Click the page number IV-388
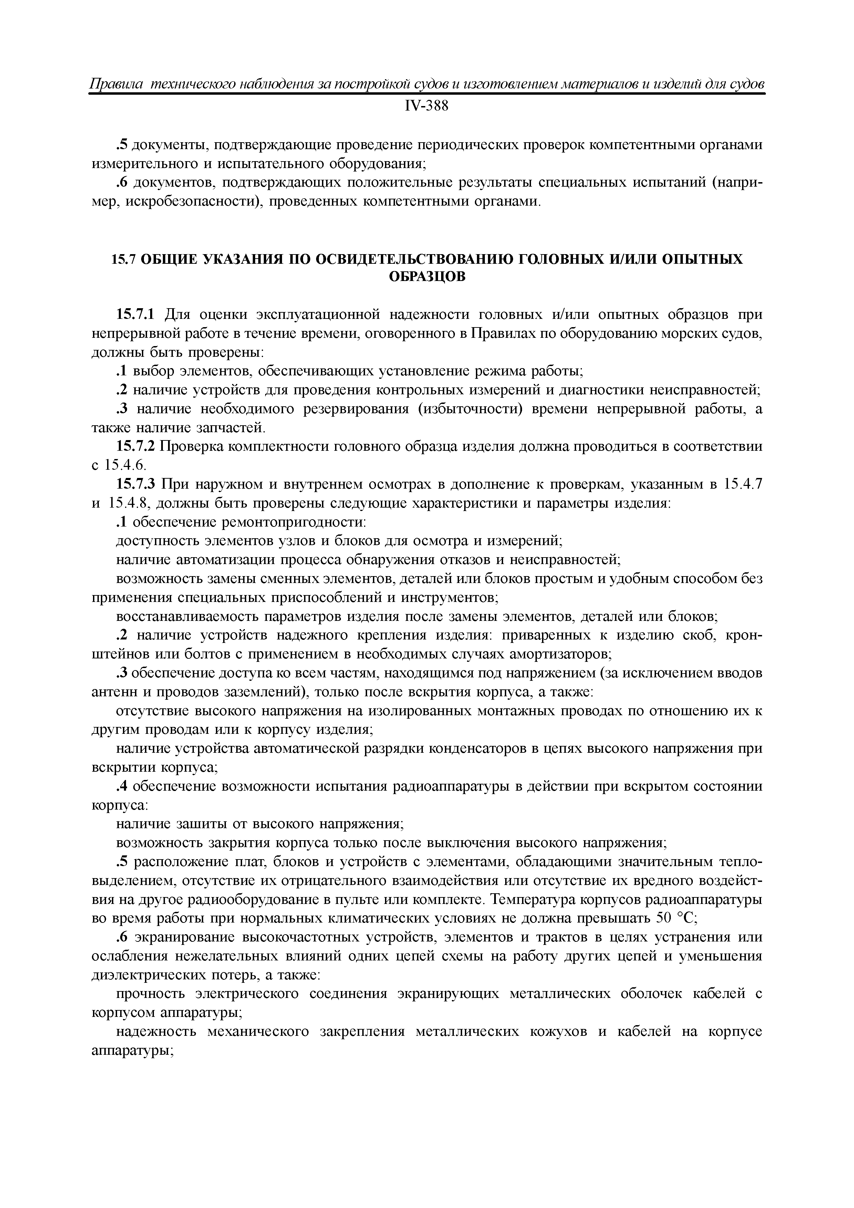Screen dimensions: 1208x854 (426, 106)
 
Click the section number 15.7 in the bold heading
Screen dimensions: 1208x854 (124, 259)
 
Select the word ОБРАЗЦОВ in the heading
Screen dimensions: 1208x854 (427, 277)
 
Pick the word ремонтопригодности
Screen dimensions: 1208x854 (293, 522)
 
